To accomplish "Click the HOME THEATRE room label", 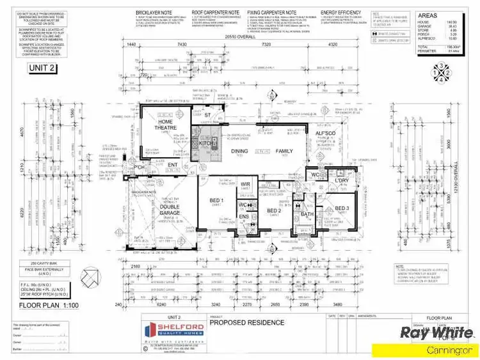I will pyautogui.click(x=165, y=125).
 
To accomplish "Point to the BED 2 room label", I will pyautogui.click(x=274, y=210).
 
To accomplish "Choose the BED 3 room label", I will pyautogui.click(x=342, y=208).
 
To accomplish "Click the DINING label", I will pyautogui.click(x=240, y=151).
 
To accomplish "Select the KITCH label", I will pyautogui.click(x=206, y=143).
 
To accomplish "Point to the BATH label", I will pyautogui.click(x=307, y=214).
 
